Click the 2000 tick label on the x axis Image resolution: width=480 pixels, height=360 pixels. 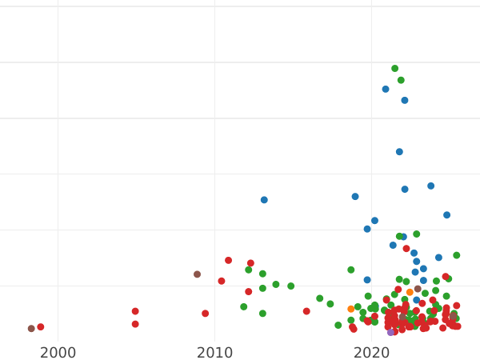point(58,353)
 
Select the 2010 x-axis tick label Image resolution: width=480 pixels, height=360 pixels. point(214,353)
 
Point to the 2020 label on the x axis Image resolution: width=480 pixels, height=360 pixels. point(371,353)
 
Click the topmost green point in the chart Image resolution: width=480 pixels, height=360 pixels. point(394,69)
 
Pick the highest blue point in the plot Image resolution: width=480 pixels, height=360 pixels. point(386,90)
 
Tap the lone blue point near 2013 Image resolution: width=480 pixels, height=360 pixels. point(264,200)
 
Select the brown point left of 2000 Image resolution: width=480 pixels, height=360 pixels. point(31,329)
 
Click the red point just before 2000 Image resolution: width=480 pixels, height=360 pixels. point(41,327)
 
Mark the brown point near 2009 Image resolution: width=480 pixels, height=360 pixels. point(197,274)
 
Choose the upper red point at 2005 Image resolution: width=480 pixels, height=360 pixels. point(135,311)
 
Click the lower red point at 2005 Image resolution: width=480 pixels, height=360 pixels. point(135,324)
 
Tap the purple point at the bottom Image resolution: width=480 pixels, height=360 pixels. point(390,332)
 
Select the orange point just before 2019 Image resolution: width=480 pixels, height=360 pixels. point(350,309)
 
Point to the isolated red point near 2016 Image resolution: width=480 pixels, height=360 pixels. point(306,311)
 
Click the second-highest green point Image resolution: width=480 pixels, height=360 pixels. point(401,80)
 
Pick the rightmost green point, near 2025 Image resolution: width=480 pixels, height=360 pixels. point(456,255)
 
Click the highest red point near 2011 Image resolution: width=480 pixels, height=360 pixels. point(228,260)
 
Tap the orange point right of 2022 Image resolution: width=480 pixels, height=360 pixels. point(410,292)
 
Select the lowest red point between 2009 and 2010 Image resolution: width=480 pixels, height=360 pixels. point(205,314)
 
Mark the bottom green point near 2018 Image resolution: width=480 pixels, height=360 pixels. point(338,326)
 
